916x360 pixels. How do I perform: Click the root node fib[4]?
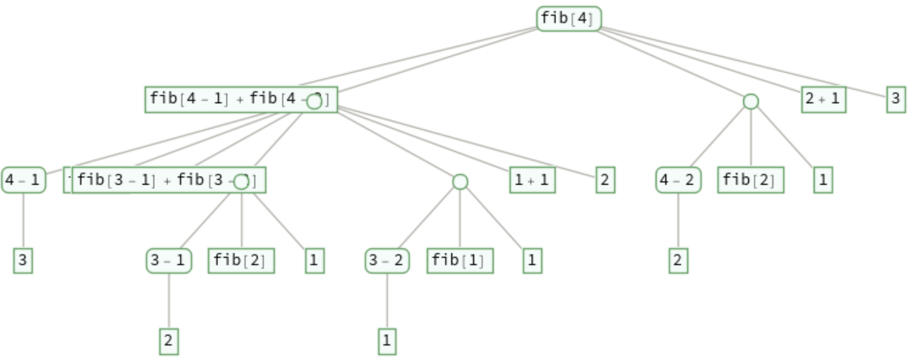pyautogui.click(x=568, y=19)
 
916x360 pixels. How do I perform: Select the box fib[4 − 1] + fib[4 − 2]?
pyautogui.click(x=227, y=100)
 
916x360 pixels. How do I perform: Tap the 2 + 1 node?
pyautogui.click(x=824, y=100)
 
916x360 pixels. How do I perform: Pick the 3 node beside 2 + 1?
pyautogui.click(x=896, y=100)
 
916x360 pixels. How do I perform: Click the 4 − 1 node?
pyautogui.click(x=23, y=180)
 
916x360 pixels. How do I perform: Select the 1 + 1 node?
pyautogui.click(x=533, y=180)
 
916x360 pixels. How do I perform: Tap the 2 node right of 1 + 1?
pyautogui.click(x=605, y=180)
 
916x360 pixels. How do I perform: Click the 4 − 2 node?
pyautogui.click(x=678, y=180)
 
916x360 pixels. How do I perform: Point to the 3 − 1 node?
pyautogui.click(x=169, y=261)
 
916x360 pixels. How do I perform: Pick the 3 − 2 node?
pyautogui.click(x=387, y=261)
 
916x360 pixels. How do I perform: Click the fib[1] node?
pyautogui.click(x=460, y=261)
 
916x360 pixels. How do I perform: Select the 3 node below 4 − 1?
pyautogui.click(x=23, y=261)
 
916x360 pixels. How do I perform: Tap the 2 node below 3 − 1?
pyautogui.click(x=169, y=341)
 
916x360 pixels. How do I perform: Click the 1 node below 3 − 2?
pyautogui.click(x=387, y=341)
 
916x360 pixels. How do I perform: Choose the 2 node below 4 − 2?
pyautogui.click(x=678, y=261)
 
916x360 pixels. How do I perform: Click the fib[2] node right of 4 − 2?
pyautogui.click(x=751, y=180)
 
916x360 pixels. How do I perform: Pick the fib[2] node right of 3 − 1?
pyautogui.click(x=241, y=261)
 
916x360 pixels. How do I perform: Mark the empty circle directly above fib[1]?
pyautogui.click(x=460, y=182)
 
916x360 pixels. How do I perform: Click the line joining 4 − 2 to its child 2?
pyautogui.click(x=678, y=221)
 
